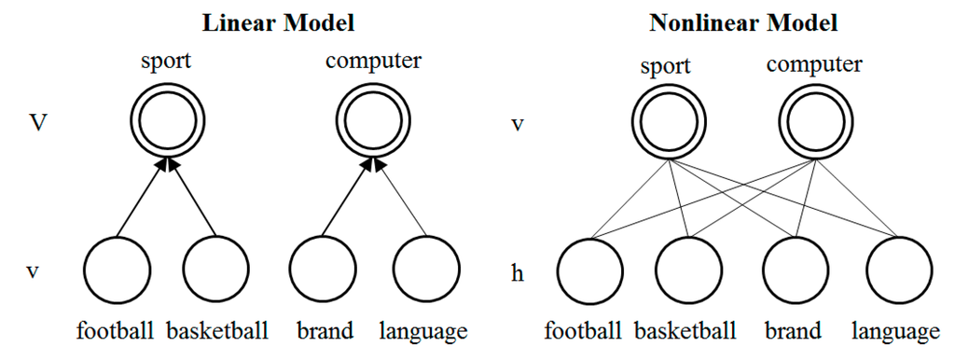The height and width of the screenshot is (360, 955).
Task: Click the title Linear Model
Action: pos(270,21)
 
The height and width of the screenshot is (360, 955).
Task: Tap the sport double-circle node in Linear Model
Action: pos(166,123)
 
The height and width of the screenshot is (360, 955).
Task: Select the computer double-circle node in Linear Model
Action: pos(372,123)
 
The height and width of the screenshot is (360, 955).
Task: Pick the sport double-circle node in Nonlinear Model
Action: pos(664,123)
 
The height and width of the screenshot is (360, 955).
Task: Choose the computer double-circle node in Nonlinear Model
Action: pos(811,123)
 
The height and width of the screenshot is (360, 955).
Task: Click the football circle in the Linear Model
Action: pos(117,270)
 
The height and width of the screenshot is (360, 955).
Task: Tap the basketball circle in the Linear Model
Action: pos(216,270)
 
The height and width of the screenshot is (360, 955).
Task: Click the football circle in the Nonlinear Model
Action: pos(590,270)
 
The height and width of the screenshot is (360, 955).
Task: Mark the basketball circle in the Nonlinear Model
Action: pos(690,270)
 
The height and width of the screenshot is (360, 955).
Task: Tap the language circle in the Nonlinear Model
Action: pos(898,270)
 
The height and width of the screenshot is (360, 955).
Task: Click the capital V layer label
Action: pos(35,123)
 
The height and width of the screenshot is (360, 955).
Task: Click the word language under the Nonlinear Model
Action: pos(896,331)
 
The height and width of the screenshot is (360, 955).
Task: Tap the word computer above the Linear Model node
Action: pos(373,62)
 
